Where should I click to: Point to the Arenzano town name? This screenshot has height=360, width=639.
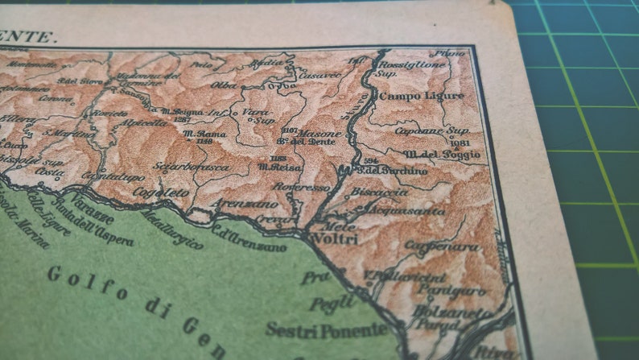tap(240, 205)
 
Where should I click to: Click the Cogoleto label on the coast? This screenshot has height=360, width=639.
tap(161, 193)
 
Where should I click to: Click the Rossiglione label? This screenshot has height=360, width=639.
tap(414, 64)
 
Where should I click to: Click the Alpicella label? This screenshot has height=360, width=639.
tap(145, 123)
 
